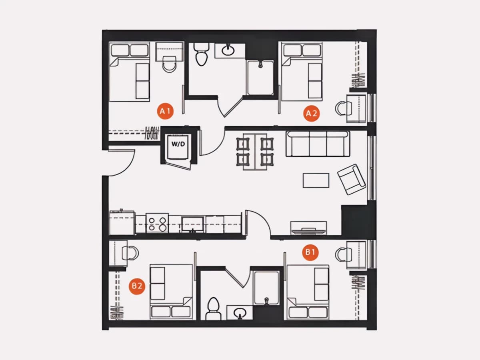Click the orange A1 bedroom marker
coord(165,111)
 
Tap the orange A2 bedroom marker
coord(311,113)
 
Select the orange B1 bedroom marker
coord(310,252)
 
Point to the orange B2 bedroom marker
coord(137,286)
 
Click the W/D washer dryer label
coord(178,144)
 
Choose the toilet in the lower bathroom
coord(213,308)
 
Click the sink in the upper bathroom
coord(228,50)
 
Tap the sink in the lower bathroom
coord(240,313)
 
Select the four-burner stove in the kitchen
coord(157,223)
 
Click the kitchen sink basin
coord(192,224)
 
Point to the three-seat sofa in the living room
coord(318,144)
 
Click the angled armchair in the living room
coord(352,180)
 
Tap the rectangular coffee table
coord(316,180)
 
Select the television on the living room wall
coord(308,230)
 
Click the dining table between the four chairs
coord(255,152)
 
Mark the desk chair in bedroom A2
coord(341,108)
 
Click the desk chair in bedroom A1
coord(169,64)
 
